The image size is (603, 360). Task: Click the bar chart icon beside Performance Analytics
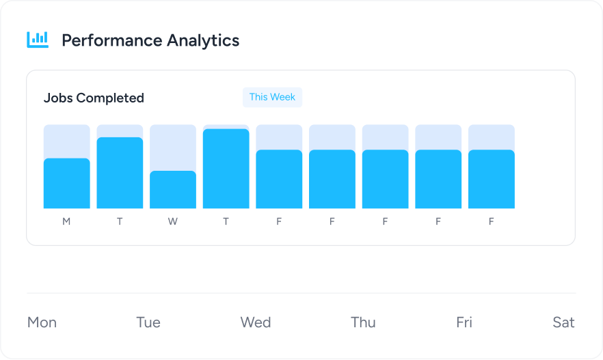click(38, 40)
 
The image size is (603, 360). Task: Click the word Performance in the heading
click(103, 40)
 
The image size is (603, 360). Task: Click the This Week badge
click(272, 97)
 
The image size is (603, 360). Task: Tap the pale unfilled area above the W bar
click(173, 147)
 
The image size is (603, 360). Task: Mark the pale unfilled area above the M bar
click(66, 141)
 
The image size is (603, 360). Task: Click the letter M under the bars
click(66, 221)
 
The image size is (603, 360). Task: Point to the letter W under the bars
click(173, 221)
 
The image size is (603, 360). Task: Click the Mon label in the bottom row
click(42, 322)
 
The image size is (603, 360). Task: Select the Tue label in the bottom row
click(148, 322)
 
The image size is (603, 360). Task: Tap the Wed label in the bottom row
click(256, 322)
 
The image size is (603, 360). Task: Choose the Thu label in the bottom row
click(363, 322)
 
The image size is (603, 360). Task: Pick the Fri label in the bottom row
click(464, 322)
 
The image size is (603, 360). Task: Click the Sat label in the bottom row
click(563, 322)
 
